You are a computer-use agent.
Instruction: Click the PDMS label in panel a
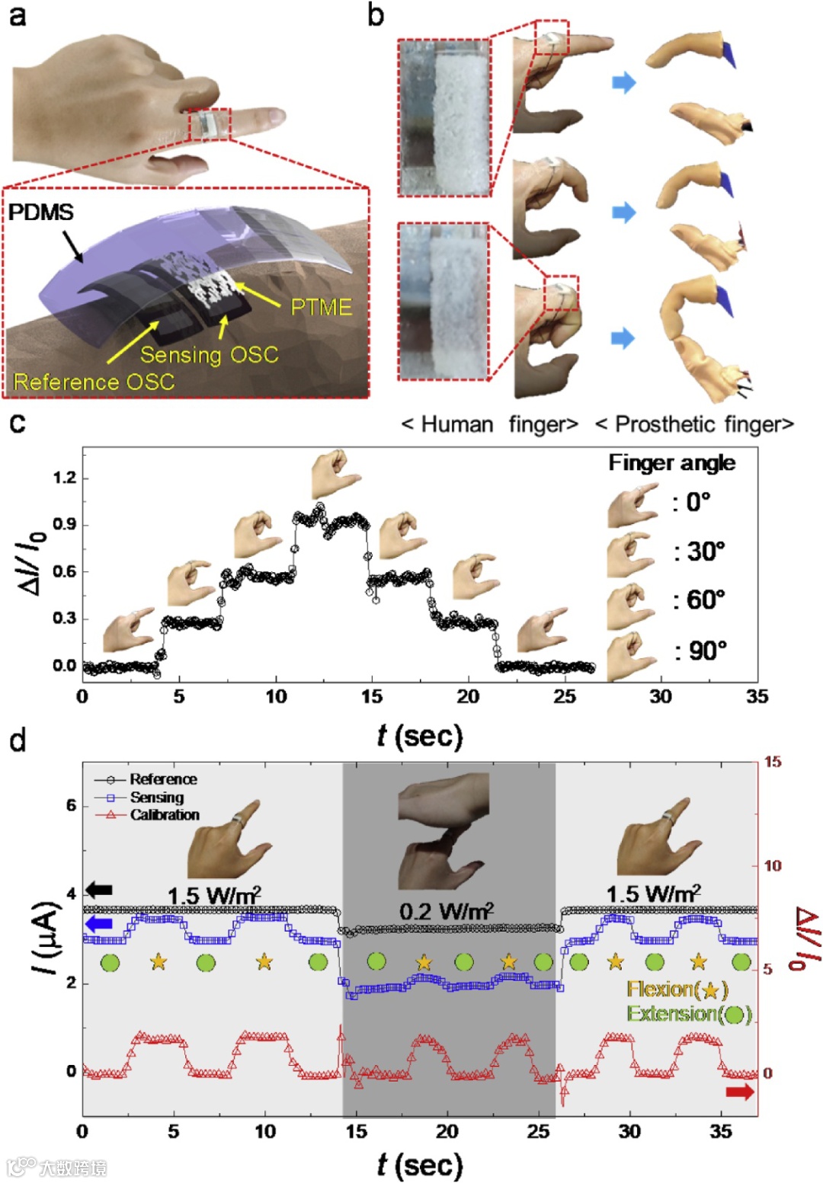point(40,212)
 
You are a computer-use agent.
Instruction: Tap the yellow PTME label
point(321,307)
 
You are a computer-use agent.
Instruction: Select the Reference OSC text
point(94,382)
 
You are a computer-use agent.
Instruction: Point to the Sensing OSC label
point(209,355)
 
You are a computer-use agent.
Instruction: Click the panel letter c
point(17,421)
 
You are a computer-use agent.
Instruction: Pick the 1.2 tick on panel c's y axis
point(65,478)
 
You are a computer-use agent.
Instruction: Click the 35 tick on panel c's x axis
point(757,696)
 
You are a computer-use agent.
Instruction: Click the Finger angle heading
point(671,462)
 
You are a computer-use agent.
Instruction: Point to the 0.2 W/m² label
point(446,910)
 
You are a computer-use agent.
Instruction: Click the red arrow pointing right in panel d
point(739,1092)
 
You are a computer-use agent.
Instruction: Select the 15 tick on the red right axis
point(772,762)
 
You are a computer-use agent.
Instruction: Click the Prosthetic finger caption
point(694,424)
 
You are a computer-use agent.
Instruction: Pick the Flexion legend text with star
point(677,989)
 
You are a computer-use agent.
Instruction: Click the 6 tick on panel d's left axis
point(71,805)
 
